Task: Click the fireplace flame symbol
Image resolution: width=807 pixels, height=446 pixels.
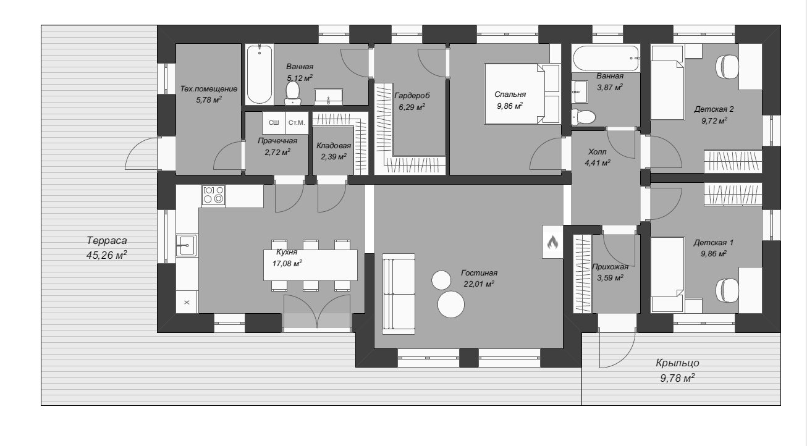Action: (552, 242)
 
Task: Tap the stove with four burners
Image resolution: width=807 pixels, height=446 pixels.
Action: (213, 195)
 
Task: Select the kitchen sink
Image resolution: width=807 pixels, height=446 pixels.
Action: (186, 245)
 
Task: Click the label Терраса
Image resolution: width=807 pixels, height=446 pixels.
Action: (107, 240)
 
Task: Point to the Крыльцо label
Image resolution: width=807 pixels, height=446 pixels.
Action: (677, 363)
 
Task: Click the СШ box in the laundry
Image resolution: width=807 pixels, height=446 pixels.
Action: (274, 122)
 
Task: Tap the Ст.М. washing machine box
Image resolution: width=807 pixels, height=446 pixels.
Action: (297, 122)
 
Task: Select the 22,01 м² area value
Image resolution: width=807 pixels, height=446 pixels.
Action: (479, 284)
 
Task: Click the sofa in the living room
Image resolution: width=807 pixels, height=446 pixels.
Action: (399, 293)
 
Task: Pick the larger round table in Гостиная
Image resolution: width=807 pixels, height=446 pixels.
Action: (450, 305)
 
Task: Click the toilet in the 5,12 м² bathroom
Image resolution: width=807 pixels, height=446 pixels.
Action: (292, 93)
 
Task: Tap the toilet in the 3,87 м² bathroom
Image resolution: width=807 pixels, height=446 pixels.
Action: (583, 117)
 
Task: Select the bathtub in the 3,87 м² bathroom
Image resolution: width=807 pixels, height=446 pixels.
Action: (606, 58)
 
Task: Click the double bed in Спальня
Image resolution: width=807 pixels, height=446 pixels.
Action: (522, 94)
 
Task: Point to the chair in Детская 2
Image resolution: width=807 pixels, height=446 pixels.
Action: (727, 67)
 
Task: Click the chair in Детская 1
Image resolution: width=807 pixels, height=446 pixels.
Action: (727, 290)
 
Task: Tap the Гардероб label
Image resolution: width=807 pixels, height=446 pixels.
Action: (412, 96)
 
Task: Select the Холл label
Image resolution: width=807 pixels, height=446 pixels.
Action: (598, 152)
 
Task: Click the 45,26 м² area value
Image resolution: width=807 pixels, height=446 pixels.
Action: (107, 255)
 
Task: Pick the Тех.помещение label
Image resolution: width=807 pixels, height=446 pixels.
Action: (209, 88)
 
